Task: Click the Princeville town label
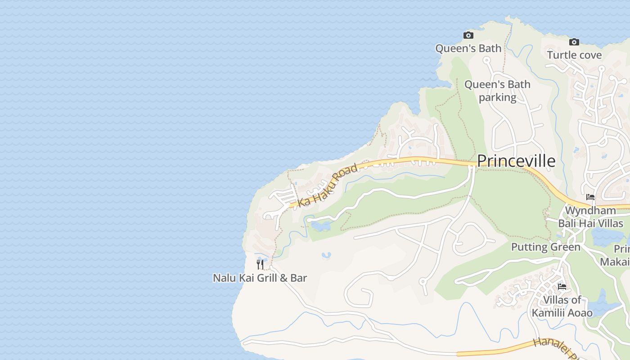[516, 161]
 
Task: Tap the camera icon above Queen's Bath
[468, 36]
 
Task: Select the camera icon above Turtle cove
[574, 42]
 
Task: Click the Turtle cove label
[574, 55]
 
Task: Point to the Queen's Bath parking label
[497, 90]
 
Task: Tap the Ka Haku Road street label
[327, 185]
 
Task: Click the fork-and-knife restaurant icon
[260, 264]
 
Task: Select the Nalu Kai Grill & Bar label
[260, 278]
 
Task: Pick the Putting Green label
[545, 247]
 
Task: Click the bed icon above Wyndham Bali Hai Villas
[590, 197]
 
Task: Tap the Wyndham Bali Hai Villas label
[590, 217]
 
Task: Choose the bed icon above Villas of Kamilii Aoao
[562, 286]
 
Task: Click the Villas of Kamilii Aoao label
[562, 306]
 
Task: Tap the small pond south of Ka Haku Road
[321, 226]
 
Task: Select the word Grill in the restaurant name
[268, 278]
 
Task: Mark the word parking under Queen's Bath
[497, 97]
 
